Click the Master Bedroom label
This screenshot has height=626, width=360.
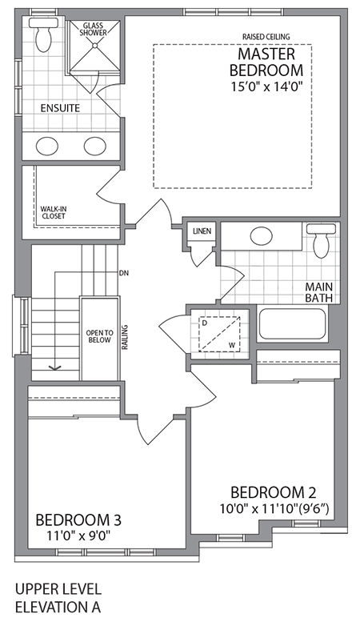point(266,62)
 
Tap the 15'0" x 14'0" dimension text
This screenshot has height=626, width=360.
point(266,84)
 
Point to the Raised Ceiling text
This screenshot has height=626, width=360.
point(266,36)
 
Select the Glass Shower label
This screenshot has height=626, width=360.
point(94,29)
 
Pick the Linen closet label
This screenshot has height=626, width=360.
point(202,232)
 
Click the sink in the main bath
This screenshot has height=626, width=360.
point(262,237)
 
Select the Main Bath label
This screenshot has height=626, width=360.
point(318,292)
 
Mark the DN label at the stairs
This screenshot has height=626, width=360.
point(123,273)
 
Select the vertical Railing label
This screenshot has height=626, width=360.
point(126,339)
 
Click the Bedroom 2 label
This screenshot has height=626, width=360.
point(266,492)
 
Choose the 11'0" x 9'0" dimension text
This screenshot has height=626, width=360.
point(72,535)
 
